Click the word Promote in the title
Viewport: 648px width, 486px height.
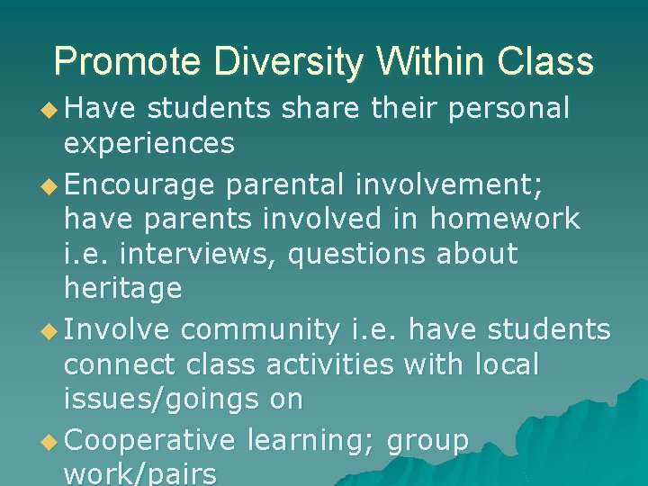coord(129,62)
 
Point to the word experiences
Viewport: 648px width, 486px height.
coord(149,142)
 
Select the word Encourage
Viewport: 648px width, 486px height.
coord(140,184)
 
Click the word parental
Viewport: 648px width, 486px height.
coord(285,184)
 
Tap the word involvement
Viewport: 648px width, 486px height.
coord(459,184)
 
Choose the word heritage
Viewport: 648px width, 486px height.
coord(122,288)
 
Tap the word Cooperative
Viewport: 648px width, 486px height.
coord(149,440)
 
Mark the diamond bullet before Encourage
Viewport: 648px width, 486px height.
coord(52,185)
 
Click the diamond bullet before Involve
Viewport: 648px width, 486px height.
coord(52,331)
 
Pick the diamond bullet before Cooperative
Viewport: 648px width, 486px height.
coord(52,442)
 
